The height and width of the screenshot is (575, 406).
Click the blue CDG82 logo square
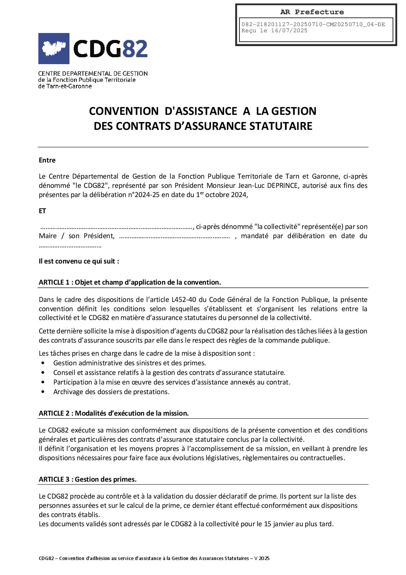tap(54, 48)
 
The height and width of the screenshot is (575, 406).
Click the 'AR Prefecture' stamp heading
tap(312, 12)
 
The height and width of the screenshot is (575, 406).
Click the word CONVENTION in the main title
tap(124, 111)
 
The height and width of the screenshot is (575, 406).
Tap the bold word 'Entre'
tap(47, 160)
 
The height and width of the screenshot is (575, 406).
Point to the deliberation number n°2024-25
tap(144, 195)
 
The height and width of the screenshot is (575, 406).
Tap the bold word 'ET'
tap(42, 211)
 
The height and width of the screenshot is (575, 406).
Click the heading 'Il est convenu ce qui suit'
tap(79, 261)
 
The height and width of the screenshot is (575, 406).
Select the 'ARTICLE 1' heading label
tap(54, 282)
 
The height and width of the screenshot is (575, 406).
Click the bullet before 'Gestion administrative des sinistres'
tap(43, 363)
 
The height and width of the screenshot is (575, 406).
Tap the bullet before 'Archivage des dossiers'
tap(43, 392)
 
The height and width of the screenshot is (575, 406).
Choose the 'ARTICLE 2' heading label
tap(54, 413)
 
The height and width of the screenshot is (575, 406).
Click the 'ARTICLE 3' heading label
tap(54, 479)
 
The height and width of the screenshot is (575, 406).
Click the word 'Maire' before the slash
tap(48, 236)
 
